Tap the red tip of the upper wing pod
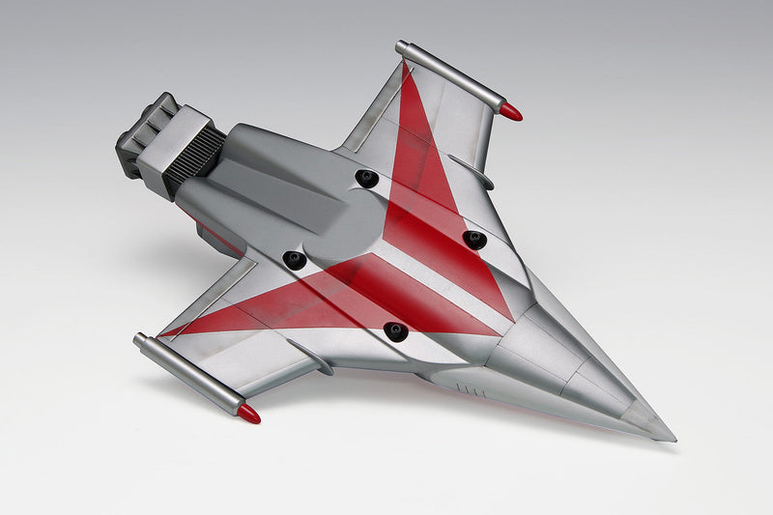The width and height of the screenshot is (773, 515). (x=511, y=112)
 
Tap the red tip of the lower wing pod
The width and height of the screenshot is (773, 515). (x=249, y=415)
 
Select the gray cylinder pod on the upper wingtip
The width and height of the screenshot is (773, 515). (x=450, y=74)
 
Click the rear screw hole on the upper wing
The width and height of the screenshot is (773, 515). (x=366, y=179)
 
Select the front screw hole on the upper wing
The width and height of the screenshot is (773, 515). (x=473, y=239)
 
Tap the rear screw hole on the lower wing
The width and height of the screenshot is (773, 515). (x=295, y=260)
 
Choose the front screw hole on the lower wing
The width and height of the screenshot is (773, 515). (x=395, y=331)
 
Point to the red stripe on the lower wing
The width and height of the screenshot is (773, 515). (x=290, y=304)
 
